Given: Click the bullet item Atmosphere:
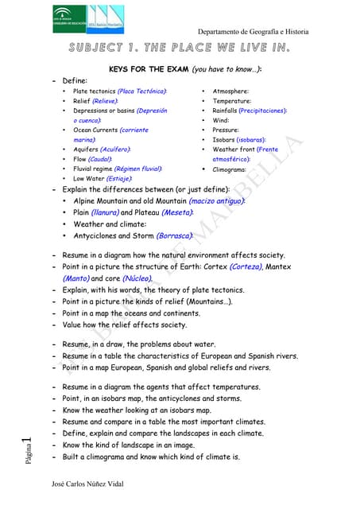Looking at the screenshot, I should coord(231,91).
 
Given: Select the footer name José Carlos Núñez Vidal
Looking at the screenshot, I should coord(87,484).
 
